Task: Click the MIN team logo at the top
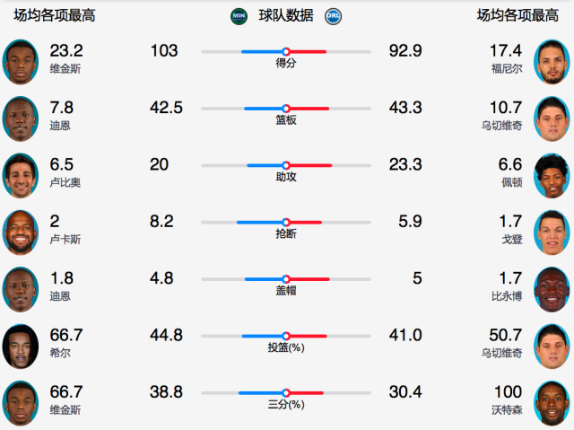tap(239, 15)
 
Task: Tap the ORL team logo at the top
tap(334, 15)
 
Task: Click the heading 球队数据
tap(286, 15)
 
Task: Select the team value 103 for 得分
tap(164, 51)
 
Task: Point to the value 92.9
tap(405, 51)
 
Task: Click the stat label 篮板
tap(286, 120)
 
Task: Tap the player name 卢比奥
tap(65, 182)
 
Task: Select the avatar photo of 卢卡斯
tap(21, 233)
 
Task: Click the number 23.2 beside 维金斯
tap(66, 50)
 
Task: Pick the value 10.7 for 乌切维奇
tap(506, 108)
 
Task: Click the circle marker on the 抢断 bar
tap(286, 222)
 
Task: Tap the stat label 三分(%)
tap(286, 405)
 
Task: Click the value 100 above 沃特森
tap(508, 391)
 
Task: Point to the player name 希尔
tap(60, 353)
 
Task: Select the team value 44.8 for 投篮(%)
tap(166, 335)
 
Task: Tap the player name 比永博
tap(508, 296)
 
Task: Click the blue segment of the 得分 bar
tap(262, 52)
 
